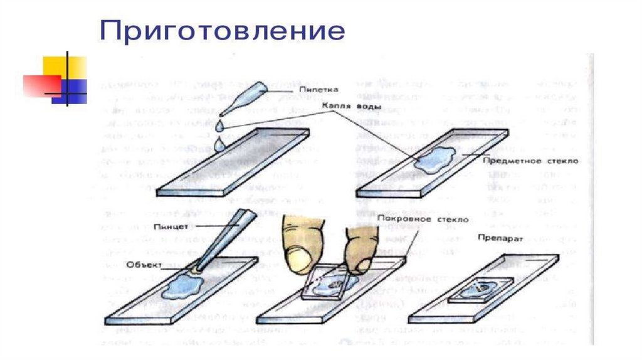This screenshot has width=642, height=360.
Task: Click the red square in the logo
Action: (40, 85)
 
